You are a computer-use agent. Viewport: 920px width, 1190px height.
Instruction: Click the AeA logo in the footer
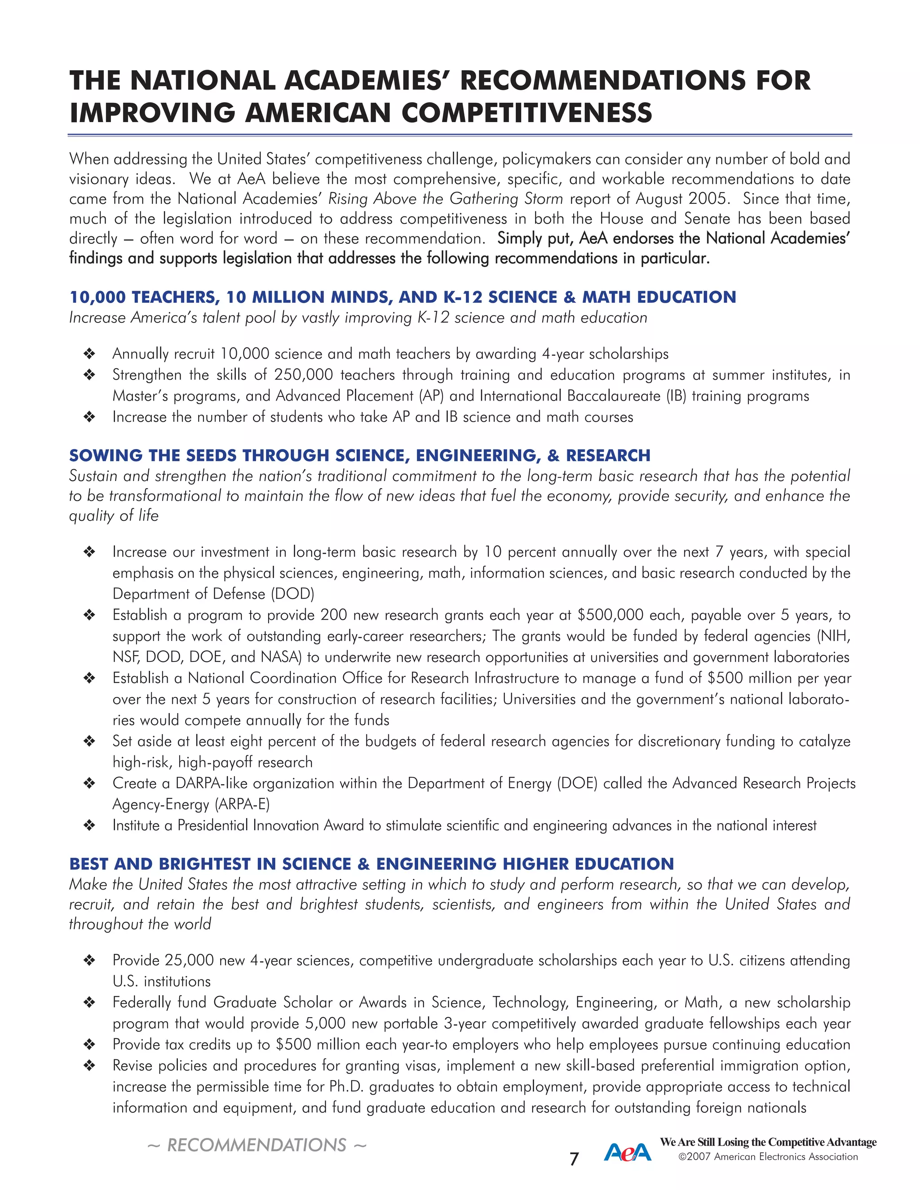click(627, 1152)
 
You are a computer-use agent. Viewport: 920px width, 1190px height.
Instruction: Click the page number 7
click(574, 1159)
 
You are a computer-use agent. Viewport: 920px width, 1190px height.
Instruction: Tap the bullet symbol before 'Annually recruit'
click(89, 354)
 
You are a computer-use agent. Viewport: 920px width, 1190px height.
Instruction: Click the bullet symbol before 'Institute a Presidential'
click(89, 825)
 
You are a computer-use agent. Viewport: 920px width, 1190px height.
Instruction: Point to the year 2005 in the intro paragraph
click(708, 199)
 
